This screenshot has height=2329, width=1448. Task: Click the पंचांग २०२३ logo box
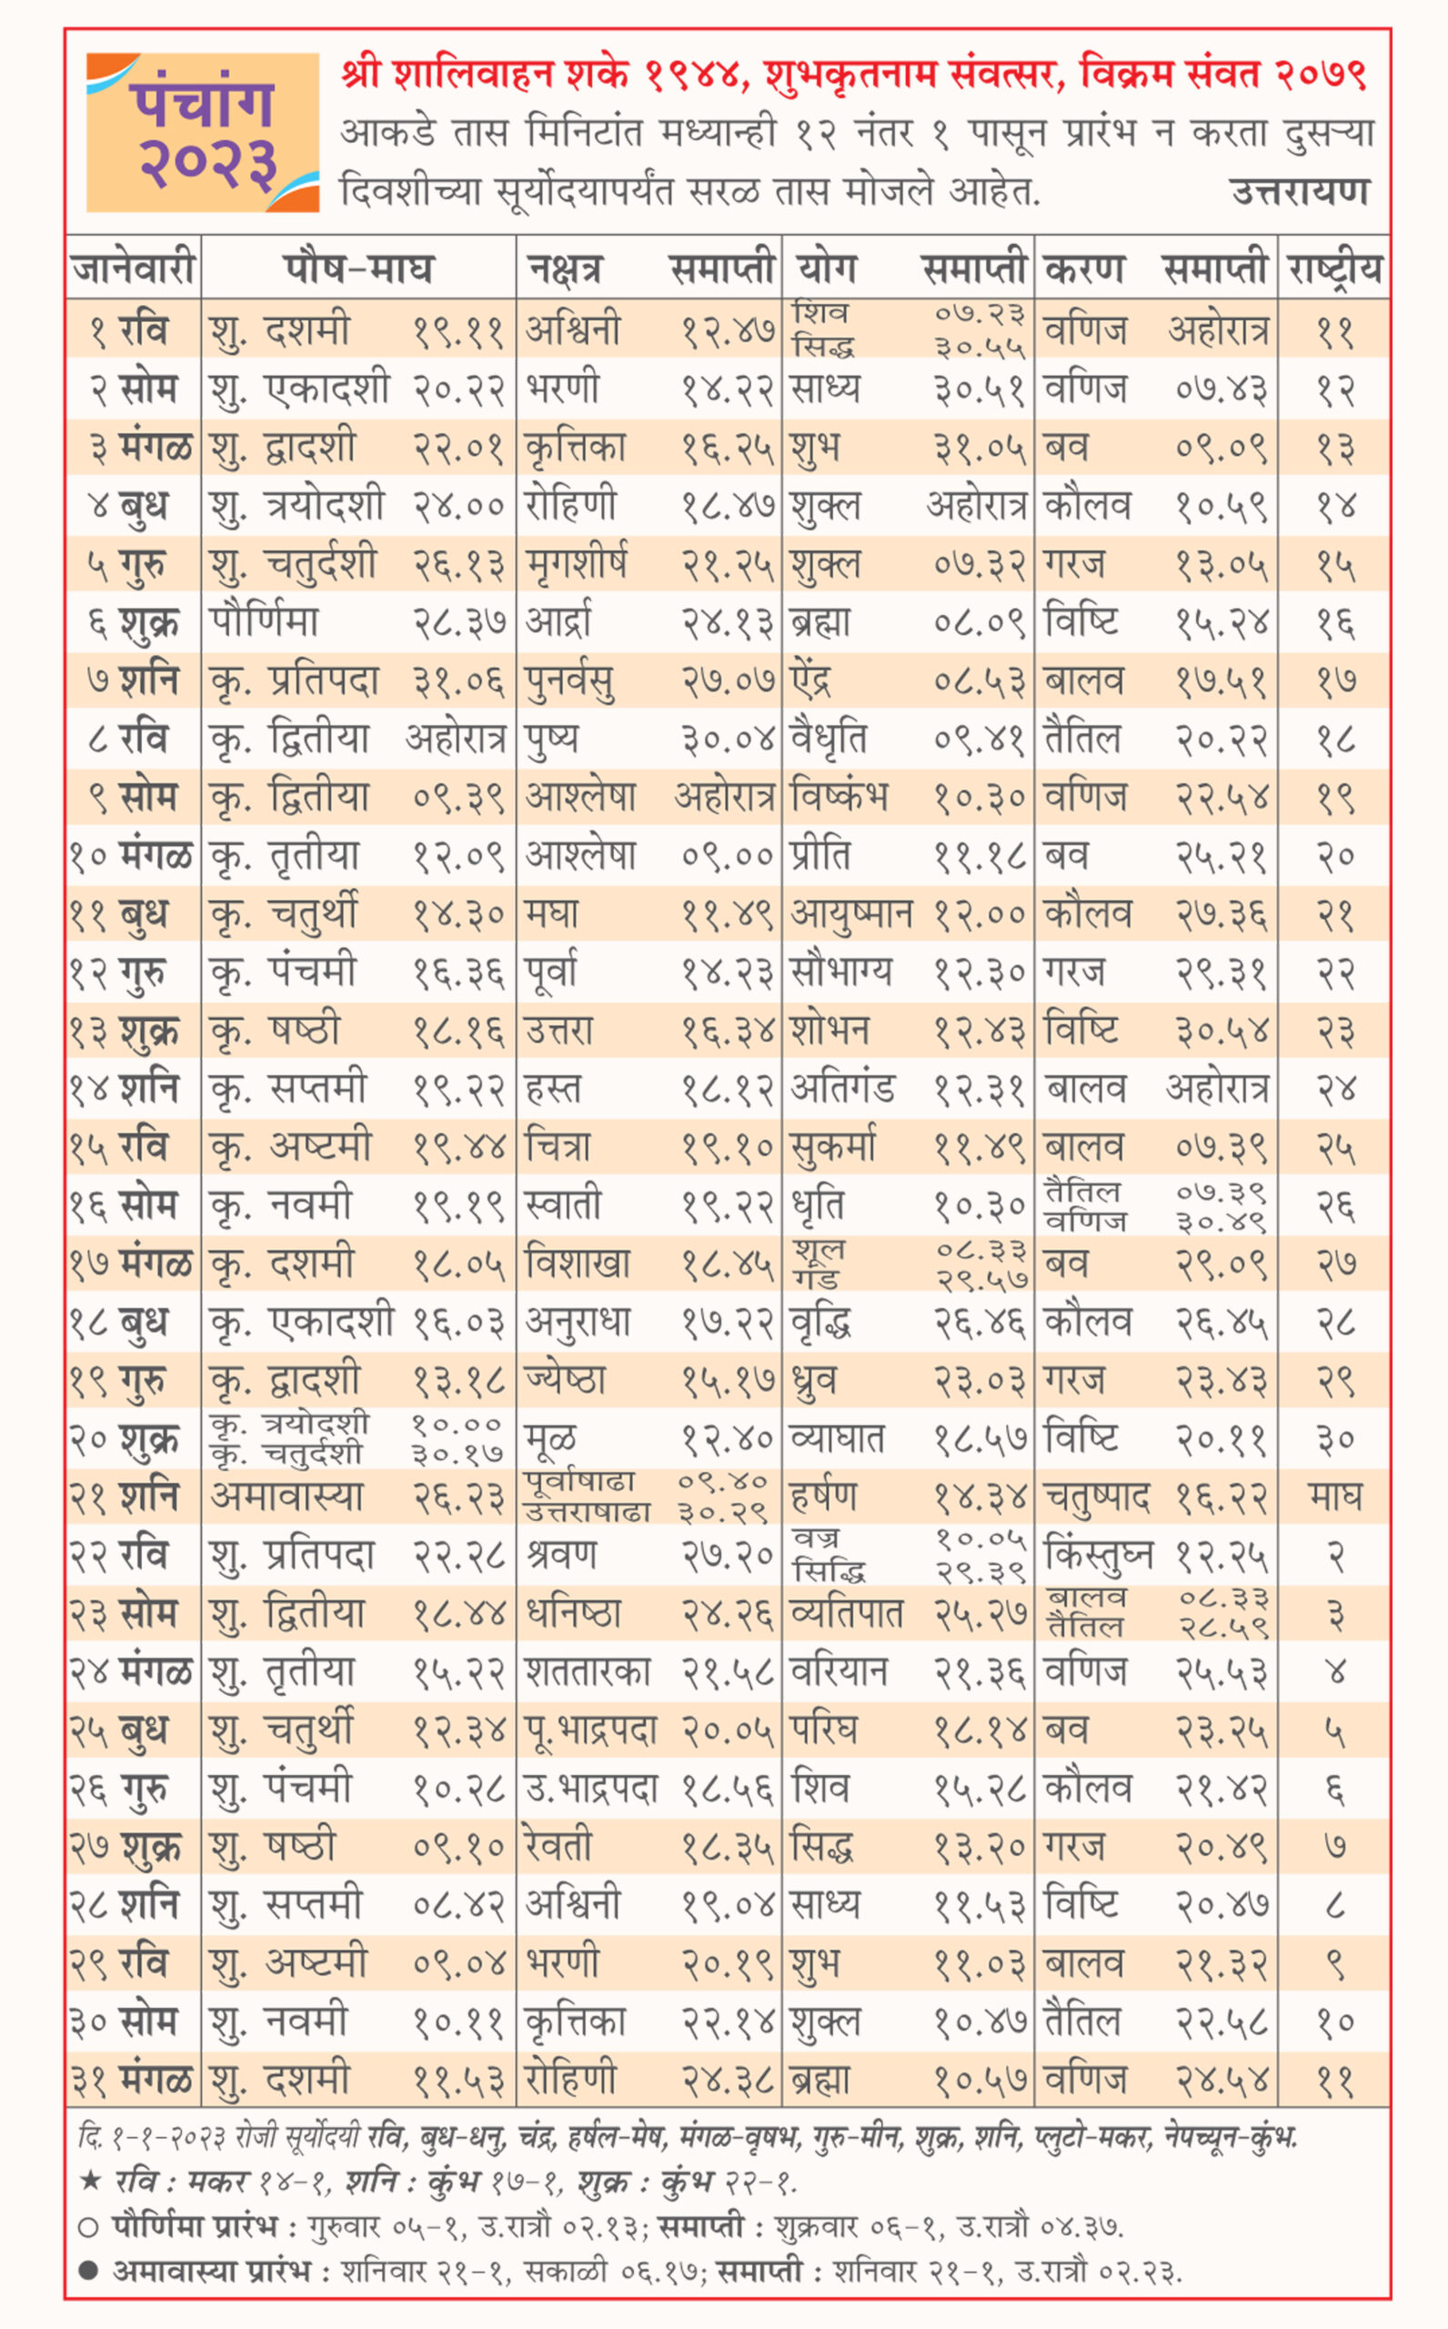tap(202, 132)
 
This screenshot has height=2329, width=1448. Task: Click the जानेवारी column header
tap(133, 268)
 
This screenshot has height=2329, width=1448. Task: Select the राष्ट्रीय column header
tap(1334, 268)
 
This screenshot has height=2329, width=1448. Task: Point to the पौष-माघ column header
tap(358, 268)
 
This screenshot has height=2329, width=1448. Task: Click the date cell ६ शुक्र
tap(133, 623)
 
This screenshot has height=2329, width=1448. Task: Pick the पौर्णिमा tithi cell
tap(265, 623)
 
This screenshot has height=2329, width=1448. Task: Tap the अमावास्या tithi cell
tap(287, 1497)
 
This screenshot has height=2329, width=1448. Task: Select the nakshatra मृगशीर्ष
tap(577, 565)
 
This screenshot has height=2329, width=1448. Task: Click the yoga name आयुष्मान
tap(851, 914)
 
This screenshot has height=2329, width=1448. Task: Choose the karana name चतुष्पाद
tap(1097, 1497)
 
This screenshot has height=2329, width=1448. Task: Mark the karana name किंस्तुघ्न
tap(1099, 1555)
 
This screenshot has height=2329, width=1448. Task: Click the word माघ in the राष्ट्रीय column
tap(1334, 1497)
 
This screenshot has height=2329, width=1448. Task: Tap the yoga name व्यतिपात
tap(847, 1614)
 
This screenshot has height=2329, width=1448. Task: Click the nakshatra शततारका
tap(588, 1672)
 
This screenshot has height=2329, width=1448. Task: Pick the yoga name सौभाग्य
tap(840, 972)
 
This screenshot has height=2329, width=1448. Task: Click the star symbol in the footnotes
tap(90, 2183)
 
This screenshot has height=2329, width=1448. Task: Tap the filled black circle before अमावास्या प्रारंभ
tap(88, 2271)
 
